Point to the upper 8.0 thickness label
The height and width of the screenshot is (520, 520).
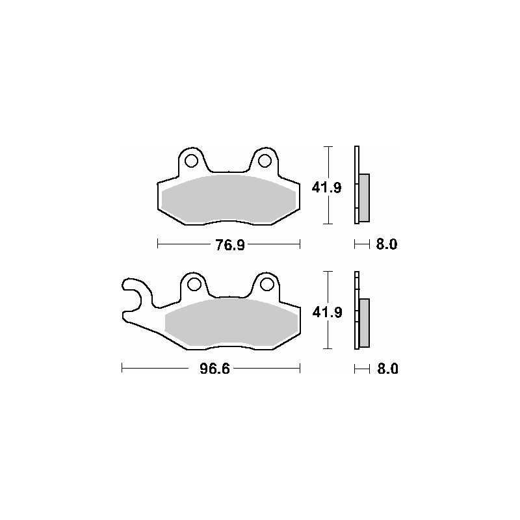tap(386, 244)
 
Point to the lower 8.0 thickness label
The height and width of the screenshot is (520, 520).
tap(386, 369)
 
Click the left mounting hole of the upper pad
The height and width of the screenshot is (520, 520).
tap(191, 160)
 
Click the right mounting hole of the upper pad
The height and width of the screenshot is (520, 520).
tap(264, 160)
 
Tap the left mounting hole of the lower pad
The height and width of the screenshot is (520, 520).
tap(193, 284)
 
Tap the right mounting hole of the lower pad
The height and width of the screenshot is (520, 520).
tap(266, 284)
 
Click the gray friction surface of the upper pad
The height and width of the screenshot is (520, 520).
tap(227, 198)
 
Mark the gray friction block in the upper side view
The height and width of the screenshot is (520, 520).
tap(364, 197)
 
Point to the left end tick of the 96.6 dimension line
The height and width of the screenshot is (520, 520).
tap(123, 369)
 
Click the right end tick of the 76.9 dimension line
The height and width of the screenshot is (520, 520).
tap(300, 244)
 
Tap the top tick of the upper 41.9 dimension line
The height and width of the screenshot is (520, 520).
tap(330, 147)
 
